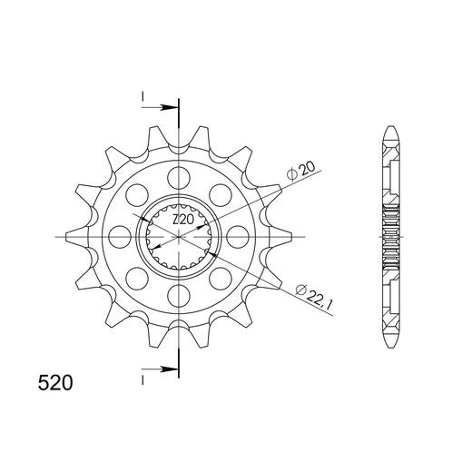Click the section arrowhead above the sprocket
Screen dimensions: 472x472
(x=171, y=107)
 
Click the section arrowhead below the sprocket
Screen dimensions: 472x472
(x=171, y=369)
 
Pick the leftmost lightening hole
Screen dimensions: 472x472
(x=119, y=237)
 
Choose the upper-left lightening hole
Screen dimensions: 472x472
(x=137, y=194)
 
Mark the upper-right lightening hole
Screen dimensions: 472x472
(x=222, y=194)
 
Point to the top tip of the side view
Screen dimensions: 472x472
(x=391, y=127)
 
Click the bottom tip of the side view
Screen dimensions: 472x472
(x=391, y=348)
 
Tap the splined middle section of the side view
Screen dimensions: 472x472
(x=391, y=237)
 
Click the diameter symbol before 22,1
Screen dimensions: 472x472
(x=300, y=290)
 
